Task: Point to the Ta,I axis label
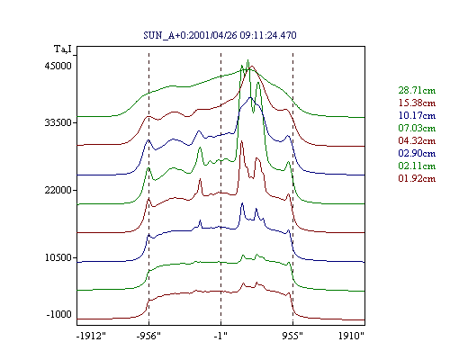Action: click(63, 49)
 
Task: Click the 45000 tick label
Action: click(58, 66)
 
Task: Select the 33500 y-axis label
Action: click(58, 122)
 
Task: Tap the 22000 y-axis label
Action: click(58, 190)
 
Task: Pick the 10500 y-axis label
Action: click(58, 257)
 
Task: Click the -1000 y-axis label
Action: click(59, 314)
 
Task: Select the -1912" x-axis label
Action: click(92, 336)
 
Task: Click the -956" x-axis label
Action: click(148, 336)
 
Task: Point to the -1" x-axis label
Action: click(220, 336)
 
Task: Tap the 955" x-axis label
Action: click(292, 336)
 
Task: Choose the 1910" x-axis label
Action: click(351, 336)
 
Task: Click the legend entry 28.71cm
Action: click(417, 90)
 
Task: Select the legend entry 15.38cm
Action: click(417, 103)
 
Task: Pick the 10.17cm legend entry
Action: click(417, 115)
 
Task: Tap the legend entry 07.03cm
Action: click(417, 128)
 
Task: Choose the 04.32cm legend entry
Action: click(417, 140)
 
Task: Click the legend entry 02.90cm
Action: click(417, 153)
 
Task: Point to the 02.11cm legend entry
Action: click(417, 166)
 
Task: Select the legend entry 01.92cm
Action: click(417, 178)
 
